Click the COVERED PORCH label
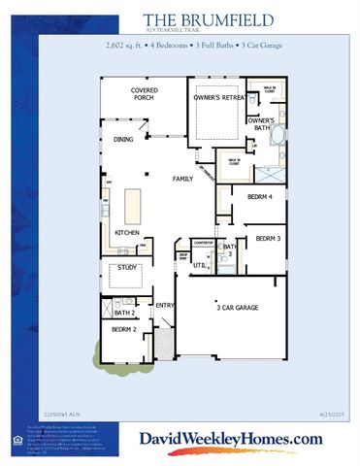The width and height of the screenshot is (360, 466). pyautogui.click(x=145, y=94)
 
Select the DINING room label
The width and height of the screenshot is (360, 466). pyautogui.click(x=123, y=139)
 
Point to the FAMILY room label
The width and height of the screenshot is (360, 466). pyautogui.click(x=182, y=179)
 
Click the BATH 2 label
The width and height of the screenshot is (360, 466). pyautogui.click(x=123, y=313)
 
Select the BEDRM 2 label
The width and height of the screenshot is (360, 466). pyautogui.click(x=122, y=330)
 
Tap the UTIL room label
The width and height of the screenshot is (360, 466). pyautogui.click(x=199, y=263)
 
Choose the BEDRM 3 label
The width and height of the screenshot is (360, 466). pyautogui.click(x=268, y=238)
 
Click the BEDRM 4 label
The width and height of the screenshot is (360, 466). pyautogui.click(x=259, y=197)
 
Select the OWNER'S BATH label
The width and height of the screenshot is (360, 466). pyautogui.click(x=259, y=122)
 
